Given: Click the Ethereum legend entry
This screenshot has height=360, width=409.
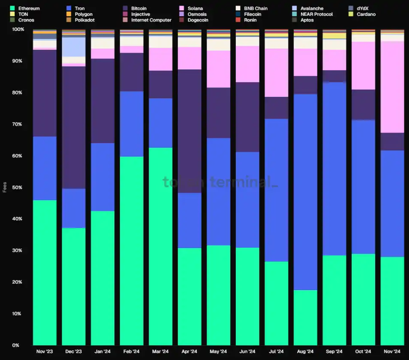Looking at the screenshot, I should pos(29,8).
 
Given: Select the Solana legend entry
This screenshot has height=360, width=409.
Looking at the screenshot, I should pos(195,8).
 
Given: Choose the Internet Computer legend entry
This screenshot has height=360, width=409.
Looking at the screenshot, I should pos(151,20).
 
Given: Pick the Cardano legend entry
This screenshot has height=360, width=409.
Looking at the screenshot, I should pos(366,14).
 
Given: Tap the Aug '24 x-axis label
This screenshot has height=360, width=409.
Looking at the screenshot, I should pos(305,352).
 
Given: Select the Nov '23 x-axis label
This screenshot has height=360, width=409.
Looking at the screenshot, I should pos(44,352).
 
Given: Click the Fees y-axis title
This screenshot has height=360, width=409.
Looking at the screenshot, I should pos(5,187).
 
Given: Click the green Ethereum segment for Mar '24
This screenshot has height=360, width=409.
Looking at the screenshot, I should pos(160,246).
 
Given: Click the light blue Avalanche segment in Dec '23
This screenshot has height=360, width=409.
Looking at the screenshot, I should pos(73,47).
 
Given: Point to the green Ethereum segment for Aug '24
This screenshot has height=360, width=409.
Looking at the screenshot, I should pos(305,318).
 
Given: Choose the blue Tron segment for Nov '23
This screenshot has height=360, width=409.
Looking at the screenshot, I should pos(45,168).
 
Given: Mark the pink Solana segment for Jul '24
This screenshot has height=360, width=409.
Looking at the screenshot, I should pos(276,73).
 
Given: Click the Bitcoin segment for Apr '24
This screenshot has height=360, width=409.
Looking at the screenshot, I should pos(189,131).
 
